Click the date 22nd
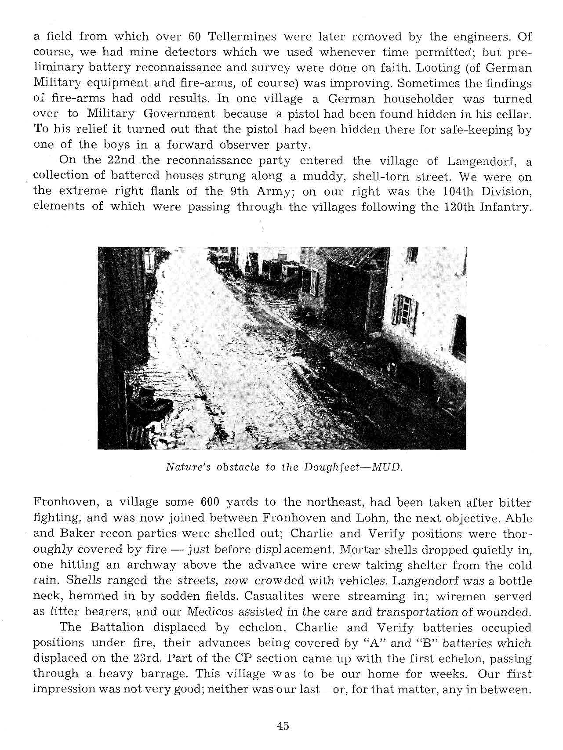(x=121, y=160)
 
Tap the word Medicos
(x=209, y=612)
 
